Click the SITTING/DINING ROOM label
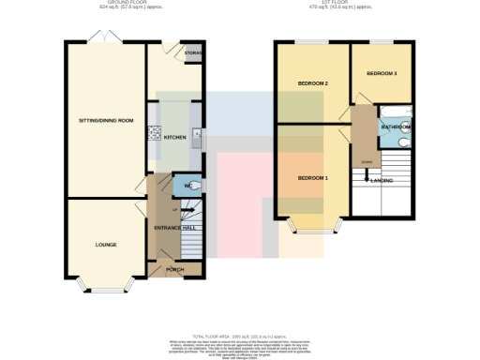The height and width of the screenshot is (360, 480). tap(105, 121)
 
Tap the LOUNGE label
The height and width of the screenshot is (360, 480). tap(105, 245)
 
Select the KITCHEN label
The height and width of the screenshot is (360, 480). tap(175, 138)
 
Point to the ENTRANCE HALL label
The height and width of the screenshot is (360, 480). tap(175, 228)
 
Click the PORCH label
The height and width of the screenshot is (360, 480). tap(175, 270)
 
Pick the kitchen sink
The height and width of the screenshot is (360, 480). tap(197, 138)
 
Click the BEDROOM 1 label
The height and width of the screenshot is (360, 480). tap(312, 177)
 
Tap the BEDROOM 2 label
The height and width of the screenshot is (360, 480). tap(312, 83)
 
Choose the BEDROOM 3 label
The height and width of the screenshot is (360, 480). tap(381, 73)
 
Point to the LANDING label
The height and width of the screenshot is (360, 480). tap(382, 179)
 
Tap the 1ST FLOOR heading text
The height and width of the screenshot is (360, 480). tap(344, 4)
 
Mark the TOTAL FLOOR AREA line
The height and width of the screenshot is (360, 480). tap(240, 335)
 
